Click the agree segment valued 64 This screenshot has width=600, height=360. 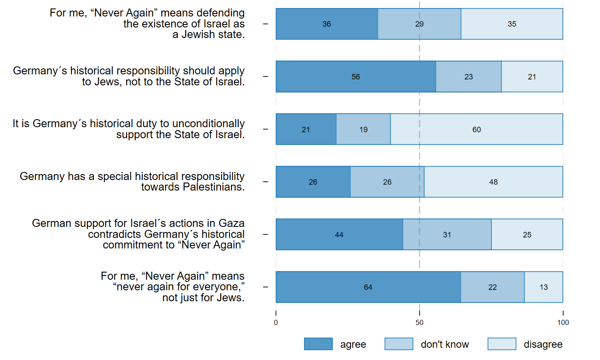pyautogui.click(x=368, y=287)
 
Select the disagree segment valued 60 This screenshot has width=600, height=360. pyautogui.click(x=477, y=129)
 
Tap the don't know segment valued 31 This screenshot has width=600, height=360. pyautogui.click(x=447, y=235)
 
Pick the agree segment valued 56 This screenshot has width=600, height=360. pyautogui.click(x=356, y=76)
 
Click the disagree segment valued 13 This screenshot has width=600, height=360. pyautogui.click(x=543, y=287)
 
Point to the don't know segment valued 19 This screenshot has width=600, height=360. pyautogui.click(x=364, y=129)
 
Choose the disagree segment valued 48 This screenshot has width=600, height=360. pyautogui.click(x=493, y=182)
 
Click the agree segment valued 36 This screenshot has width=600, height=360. pyautogui.click(x=327, y=24)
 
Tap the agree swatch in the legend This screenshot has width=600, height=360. pyautogui.click(x=318, y=344)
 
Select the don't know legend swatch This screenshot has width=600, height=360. pyautogui.click(x=399, y=344)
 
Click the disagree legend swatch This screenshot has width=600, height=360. pyautogui.click(x=502, y=344)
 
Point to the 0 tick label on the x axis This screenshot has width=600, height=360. pyautogui.click(x=276, y=323)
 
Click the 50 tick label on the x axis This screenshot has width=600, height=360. pyautogui.click(x=419, y=323)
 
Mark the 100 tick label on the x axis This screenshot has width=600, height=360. pyautogui.click(x=563, y=323)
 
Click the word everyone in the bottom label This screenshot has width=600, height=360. pyautogui.click(x=219, y=287)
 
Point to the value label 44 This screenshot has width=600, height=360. pyautogui.click(x=339, y=235)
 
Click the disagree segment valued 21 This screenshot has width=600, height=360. pyautogui.click(x=532, y=76)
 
